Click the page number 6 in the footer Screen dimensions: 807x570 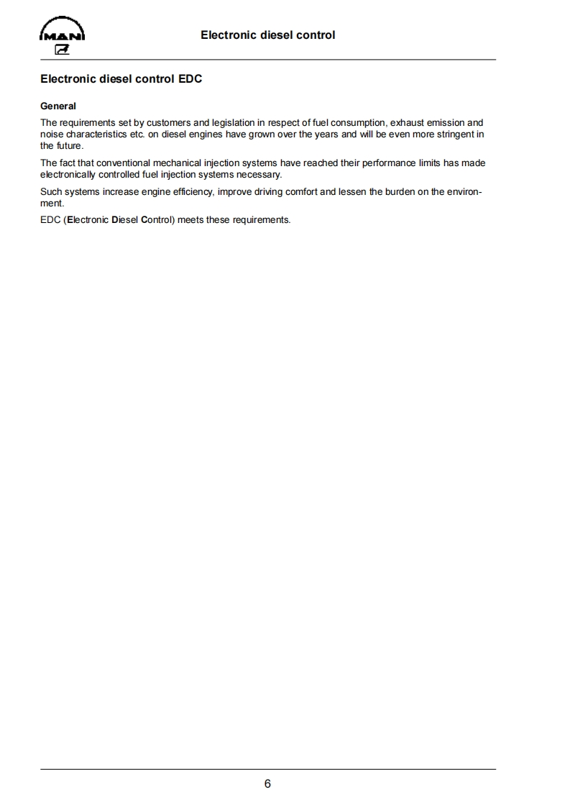coord(267,783)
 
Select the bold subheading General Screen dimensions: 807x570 coord(58,106)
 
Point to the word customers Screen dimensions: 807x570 coord(169,123)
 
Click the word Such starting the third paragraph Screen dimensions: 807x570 coord(51,192)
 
